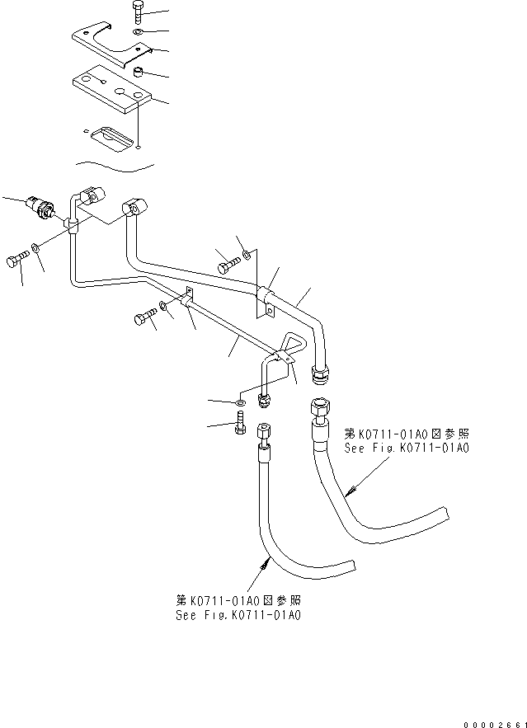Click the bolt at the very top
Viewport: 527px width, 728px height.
pos(138,13)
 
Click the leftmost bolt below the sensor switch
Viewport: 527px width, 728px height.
pos(19,261)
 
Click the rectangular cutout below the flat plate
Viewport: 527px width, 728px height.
pos(111,136)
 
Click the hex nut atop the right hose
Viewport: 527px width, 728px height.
pos(318,409)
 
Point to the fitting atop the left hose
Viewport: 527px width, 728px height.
pos(263,434)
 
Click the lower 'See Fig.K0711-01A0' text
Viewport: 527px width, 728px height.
pos(238,615)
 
